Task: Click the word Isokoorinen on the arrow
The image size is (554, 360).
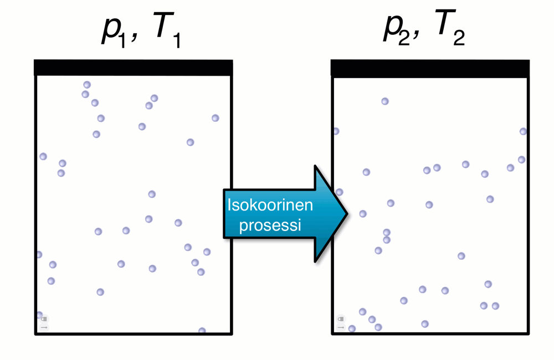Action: [270, 205]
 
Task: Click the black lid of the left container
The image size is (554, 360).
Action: [133, 67]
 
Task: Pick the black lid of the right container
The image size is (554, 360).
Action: [430, 68]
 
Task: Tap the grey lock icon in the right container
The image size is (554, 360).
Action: [341, 320]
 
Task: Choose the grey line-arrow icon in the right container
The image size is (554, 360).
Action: [341, 327]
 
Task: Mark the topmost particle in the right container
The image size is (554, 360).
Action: [385, 101]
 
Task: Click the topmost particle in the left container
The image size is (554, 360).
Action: [87, 85]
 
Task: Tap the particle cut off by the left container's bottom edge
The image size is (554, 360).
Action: [202, 331]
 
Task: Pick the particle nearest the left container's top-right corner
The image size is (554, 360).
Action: [216, 118]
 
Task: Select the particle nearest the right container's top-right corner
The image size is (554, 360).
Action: [523, 131]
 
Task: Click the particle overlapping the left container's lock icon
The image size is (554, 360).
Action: [39, 315]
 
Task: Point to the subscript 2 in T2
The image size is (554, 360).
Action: [459, 39]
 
